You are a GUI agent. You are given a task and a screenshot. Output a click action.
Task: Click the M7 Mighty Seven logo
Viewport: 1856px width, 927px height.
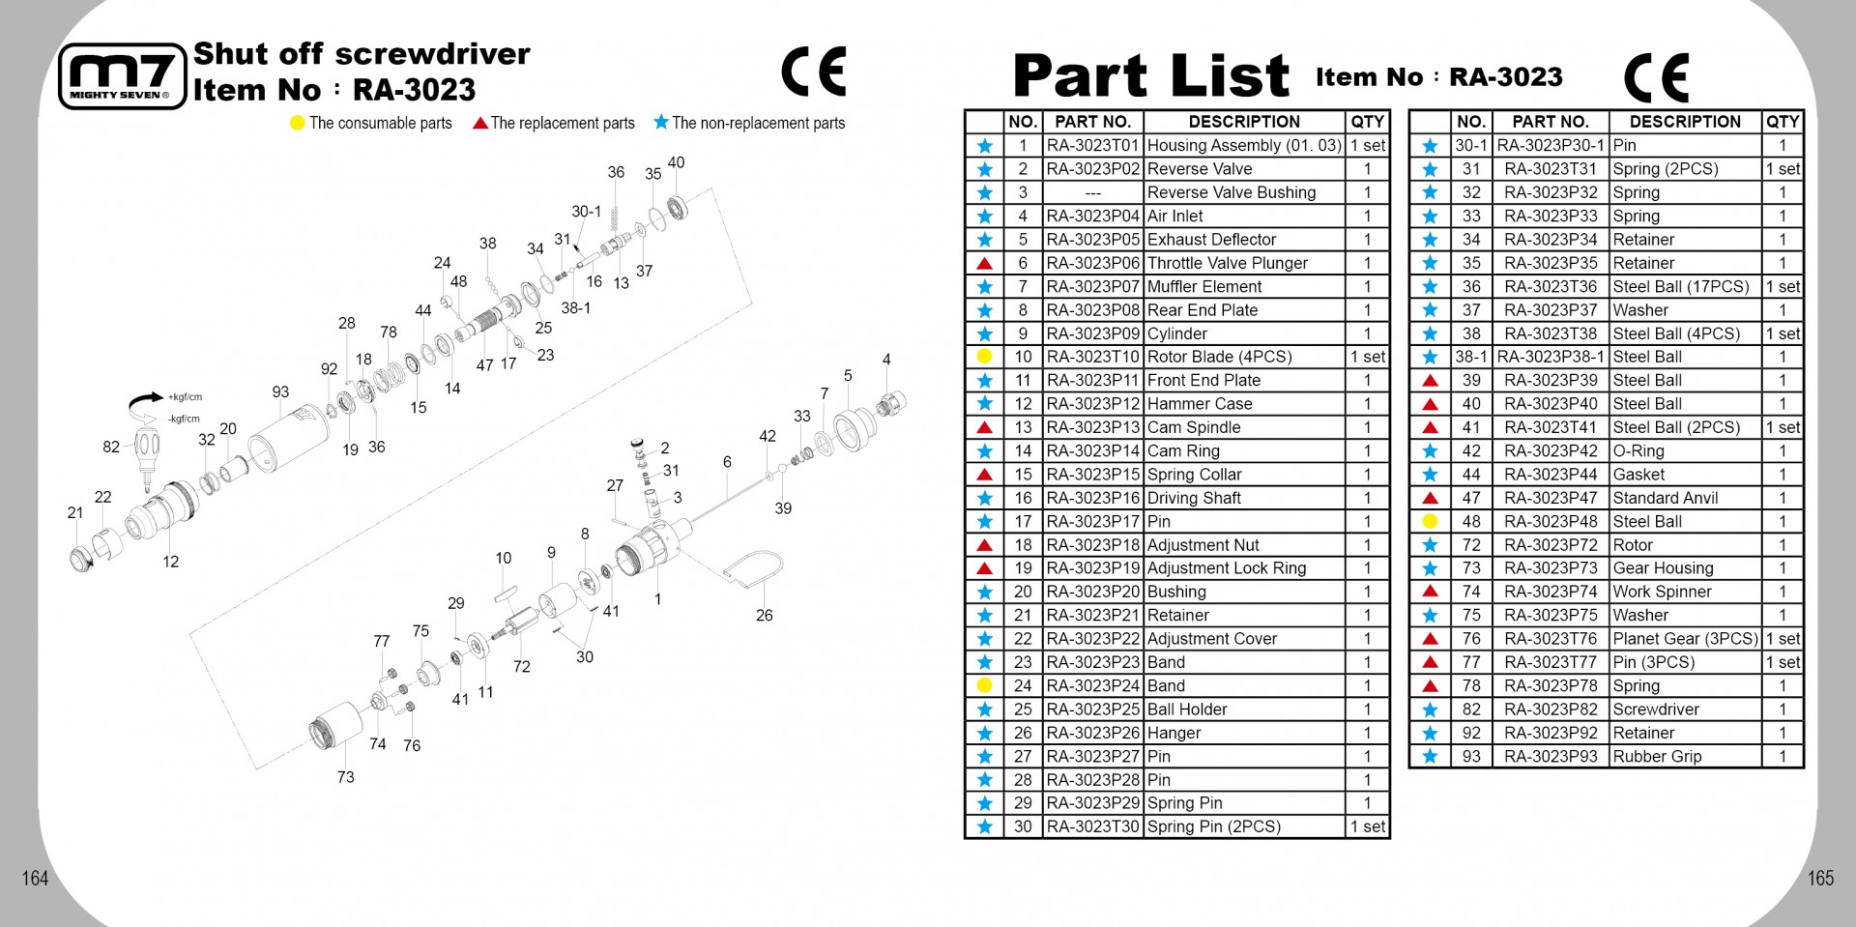tap(122, 76)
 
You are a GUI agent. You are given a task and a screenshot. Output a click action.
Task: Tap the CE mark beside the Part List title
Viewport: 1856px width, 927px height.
tap(1656, 76)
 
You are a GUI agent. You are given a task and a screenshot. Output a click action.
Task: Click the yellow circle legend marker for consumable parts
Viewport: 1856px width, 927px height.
tap(297, 124)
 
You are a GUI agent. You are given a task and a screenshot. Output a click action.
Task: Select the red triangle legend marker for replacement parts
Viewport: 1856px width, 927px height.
tap(479, 123)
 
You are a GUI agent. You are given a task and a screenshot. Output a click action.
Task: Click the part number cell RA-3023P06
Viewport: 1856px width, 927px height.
tap(1092, 263)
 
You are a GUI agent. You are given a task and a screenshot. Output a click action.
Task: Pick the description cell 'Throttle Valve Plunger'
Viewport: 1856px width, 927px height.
tap(1227, 263)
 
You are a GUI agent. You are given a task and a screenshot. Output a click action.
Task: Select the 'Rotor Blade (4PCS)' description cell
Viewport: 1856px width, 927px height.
tap(1219, 357)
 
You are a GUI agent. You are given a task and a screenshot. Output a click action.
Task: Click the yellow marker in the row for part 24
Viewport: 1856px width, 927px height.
tap(984, 686)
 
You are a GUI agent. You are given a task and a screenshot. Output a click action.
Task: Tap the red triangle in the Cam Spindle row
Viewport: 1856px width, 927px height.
tap(984, 427)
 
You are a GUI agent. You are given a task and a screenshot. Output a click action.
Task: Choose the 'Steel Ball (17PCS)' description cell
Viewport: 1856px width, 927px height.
tap(1681, 287)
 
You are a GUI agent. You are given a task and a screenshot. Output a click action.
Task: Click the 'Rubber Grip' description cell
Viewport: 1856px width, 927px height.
tap(1657, 757)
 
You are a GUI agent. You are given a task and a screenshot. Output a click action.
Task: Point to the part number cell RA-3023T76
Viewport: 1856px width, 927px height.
tap(1551, 639)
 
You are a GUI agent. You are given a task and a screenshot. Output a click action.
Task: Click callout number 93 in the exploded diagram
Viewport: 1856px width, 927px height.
tap(280, 392)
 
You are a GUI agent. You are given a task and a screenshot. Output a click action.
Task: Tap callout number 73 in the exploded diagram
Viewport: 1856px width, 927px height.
tap(345, 777)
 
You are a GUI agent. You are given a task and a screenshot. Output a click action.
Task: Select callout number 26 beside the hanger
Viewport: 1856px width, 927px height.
tap(764, 616)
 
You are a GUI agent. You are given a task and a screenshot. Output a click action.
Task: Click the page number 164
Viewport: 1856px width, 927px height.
tap(36, 878)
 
